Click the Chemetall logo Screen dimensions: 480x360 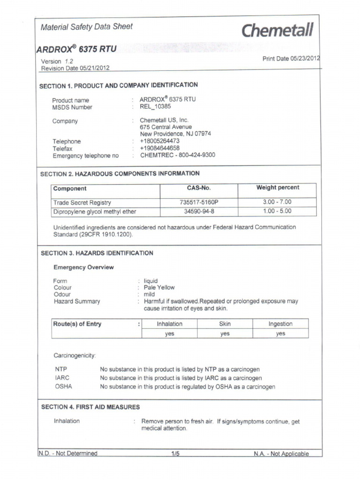coord(277,31)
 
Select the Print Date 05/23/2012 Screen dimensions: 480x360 coord(291,59)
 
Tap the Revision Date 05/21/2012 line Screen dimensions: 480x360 coord(75,68)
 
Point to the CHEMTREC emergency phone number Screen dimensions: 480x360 coord(177,155)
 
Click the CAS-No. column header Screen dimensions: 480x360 coord(199,188)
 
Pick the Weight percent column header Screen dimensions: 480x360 coord(277,188)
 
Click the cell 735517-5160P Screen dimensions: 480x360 coord(199,202)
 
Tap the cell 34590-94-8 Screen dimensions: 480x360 coord(199,211)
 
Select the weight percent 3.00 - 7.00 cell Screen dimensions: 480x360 coord(277,202)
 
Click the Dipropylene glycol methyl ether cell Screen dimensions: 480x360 coord(95,212)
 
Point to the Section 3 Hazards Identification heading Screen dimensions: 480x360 coord(97,253)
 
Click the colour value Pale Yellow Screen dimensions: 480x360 coord(159,287)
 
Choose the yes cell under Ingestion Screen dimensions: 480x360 coord(280,334)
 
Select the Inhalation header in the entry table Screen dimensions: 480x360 coord(169,324)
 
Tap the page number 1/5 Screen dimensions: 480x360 coord(175,454)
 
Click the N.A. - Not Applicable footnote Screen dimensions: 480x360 coord(281,454)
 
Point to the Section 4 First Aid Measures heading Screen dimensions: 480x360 coord(90,407)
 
